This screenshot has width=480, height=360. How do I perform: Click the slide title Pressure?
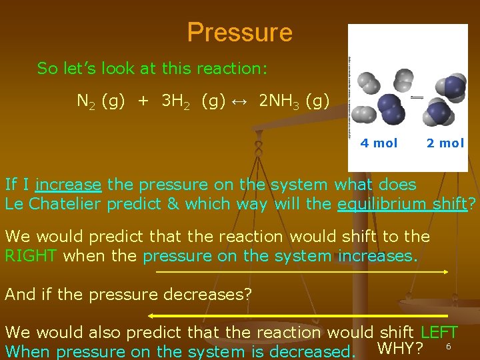tap(239, 32)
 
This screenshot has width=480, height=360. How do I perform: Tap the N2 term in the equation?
tap(85, 101)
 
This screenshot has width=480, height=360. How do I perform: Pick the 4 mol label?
tap(379, 143)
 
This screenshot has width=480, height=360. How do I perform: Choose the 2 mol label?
tap(445, 143)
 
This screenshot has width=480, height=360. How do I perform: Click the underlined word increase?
tap(69, 185)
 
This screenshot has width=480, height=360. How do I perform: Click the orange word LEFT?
tap(439, 332)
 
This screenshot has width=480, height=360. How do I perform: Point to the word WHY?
tap(400, 348)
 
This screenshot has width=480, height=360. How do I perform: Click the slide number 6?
tap(449, 347)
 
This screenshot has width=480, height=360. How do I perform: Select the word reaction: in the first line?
tap(233, 68)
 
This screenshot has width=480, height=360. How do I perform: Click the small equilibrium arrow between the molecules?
tap(417, 97)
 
